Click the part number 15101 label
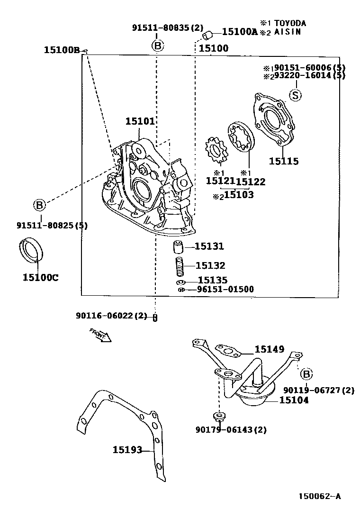[140, 122]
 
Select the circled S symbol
[295, 96]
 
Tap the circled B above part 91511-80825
[39, 205]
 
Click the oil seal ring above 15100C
[31, 251]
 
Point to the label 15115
[284, 162]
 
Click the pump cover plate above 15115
[273, 118]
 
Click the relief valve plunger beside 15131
[178, 247]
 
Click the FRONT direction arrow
[100, 335]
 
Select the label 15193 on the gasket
[127, 449]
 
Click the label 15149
[269, 350]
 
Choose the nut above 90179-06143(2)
[219, 418]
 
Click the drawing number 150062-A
[319, 496]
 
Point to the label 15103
[238, 194]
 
